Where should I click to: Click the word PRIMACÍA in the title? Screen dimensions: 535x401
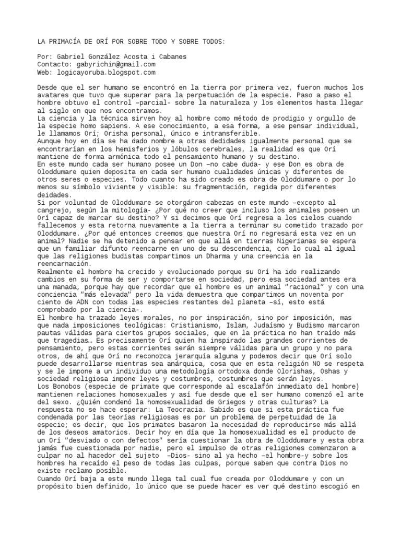click(x=65, y=41)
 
